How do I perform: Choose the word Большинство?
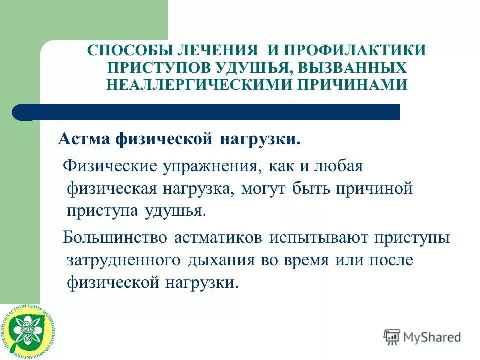click(115, 237)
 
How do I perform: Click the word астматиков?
click(219, 237)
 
